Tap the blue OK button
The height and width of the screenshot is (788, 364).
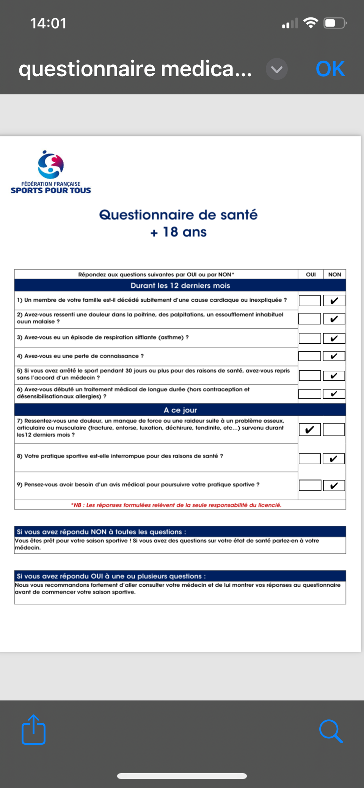click(x=330, y=69)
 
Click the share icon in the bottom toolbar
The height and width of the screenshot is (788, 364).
click(x=33, y=730)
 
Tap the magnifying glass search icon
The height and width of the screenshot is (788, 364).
click(x=331, y=731)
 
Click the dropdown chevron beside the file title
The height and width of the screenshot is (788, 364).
click(x=277, y=69)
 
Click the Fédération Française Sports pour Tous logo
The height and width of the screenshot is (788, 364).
click(x=51, y=172)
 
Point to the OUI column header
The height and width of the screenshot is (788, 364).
click(x=311, y=274)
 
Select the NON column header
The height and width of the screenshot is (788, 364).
click(x=334, y=274)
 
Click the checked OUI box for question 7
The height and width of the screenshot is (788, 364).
click(x=310, y=429)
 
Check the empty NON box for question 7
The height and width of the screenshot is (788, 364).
click(x=334, y=429)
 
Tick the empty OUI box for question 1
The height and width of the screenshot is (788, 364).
click(x=310, y=301)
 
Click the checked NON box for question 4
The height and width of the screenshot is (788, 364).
click(x=334, y=356)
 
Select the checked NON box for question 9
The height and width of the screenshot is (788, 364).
click(x=334, y=486)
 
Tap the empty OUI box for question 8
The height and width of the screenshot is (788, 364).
click(x=310, y=459)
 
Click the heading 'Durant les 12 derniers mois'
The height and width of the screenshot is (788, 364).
click(x=180, y=285)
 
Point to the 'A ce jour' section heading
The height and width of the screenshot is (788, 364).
click(x=180, y=410)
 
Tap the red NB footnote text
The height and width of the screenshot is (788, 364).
click(x=176, y=505)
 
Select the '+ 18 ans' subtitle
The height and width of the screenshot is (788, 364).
click(x=178, y=232)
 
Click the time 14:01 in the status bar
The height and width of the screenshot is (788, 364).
click(x=48, y=23)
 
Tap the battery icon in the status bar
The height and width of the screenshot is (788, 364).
click(x=335, y=23)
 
